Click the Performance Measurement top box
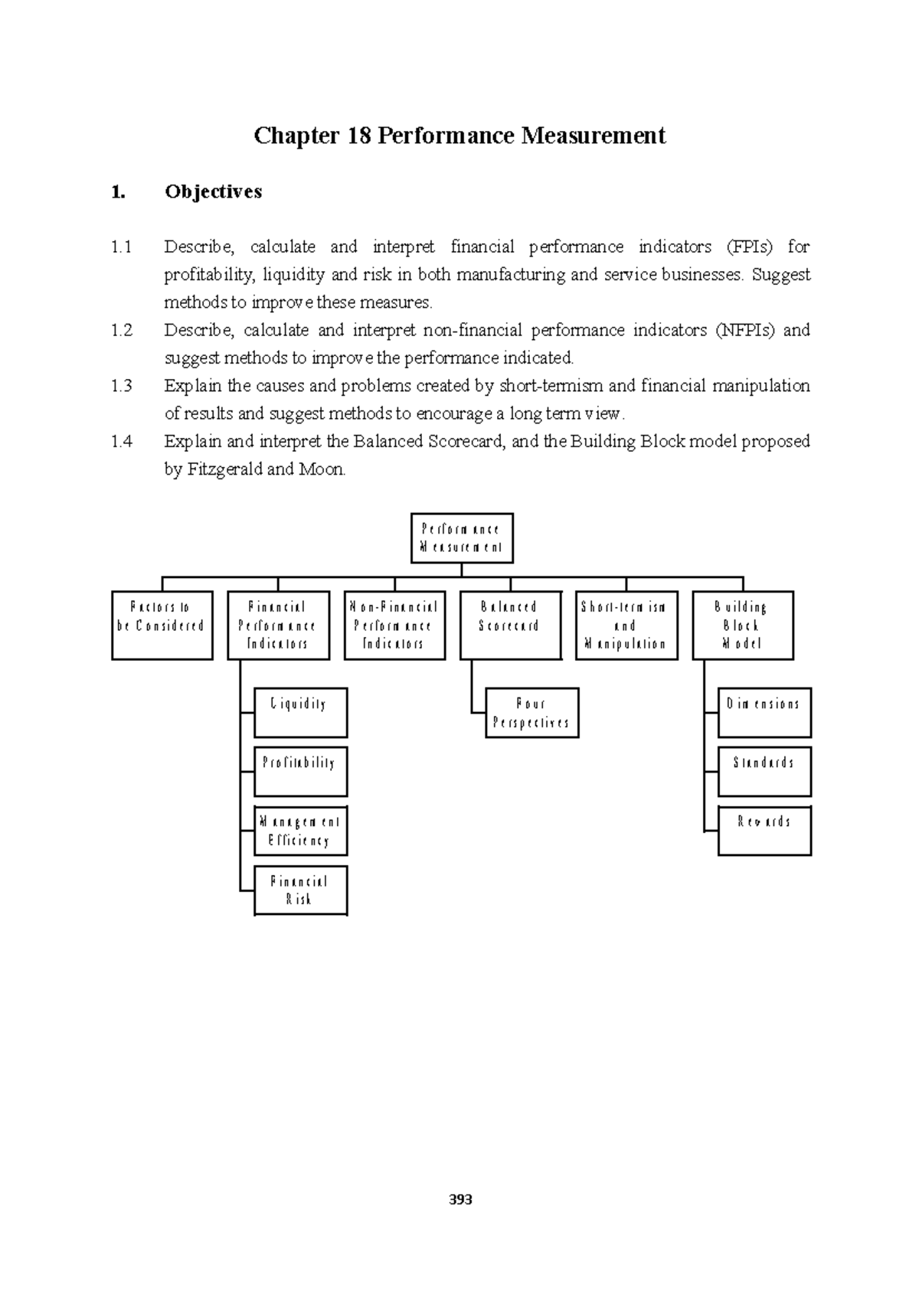point(461,538)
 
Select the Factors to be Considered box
point(162,625)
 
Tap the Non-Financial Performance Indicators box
point(394,625)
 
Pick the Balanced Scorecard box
point(510,625)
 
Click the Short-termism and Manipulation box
point(626,625)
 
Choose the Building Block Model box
point(742,625)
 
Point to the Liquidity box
point(300,712)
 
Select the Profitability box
point(300,771)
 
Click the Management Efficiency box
point(300,831)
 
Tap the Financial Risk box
point(300,890)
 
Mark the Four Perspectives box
point(531,713)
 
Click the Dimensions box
point(764,712)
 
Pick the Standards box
point(764,771)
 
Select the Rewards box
point(764,831)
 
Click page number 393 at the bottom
point(460,1200)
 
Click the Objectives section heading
point(213,191)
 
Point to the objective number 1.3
point(121,386)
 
